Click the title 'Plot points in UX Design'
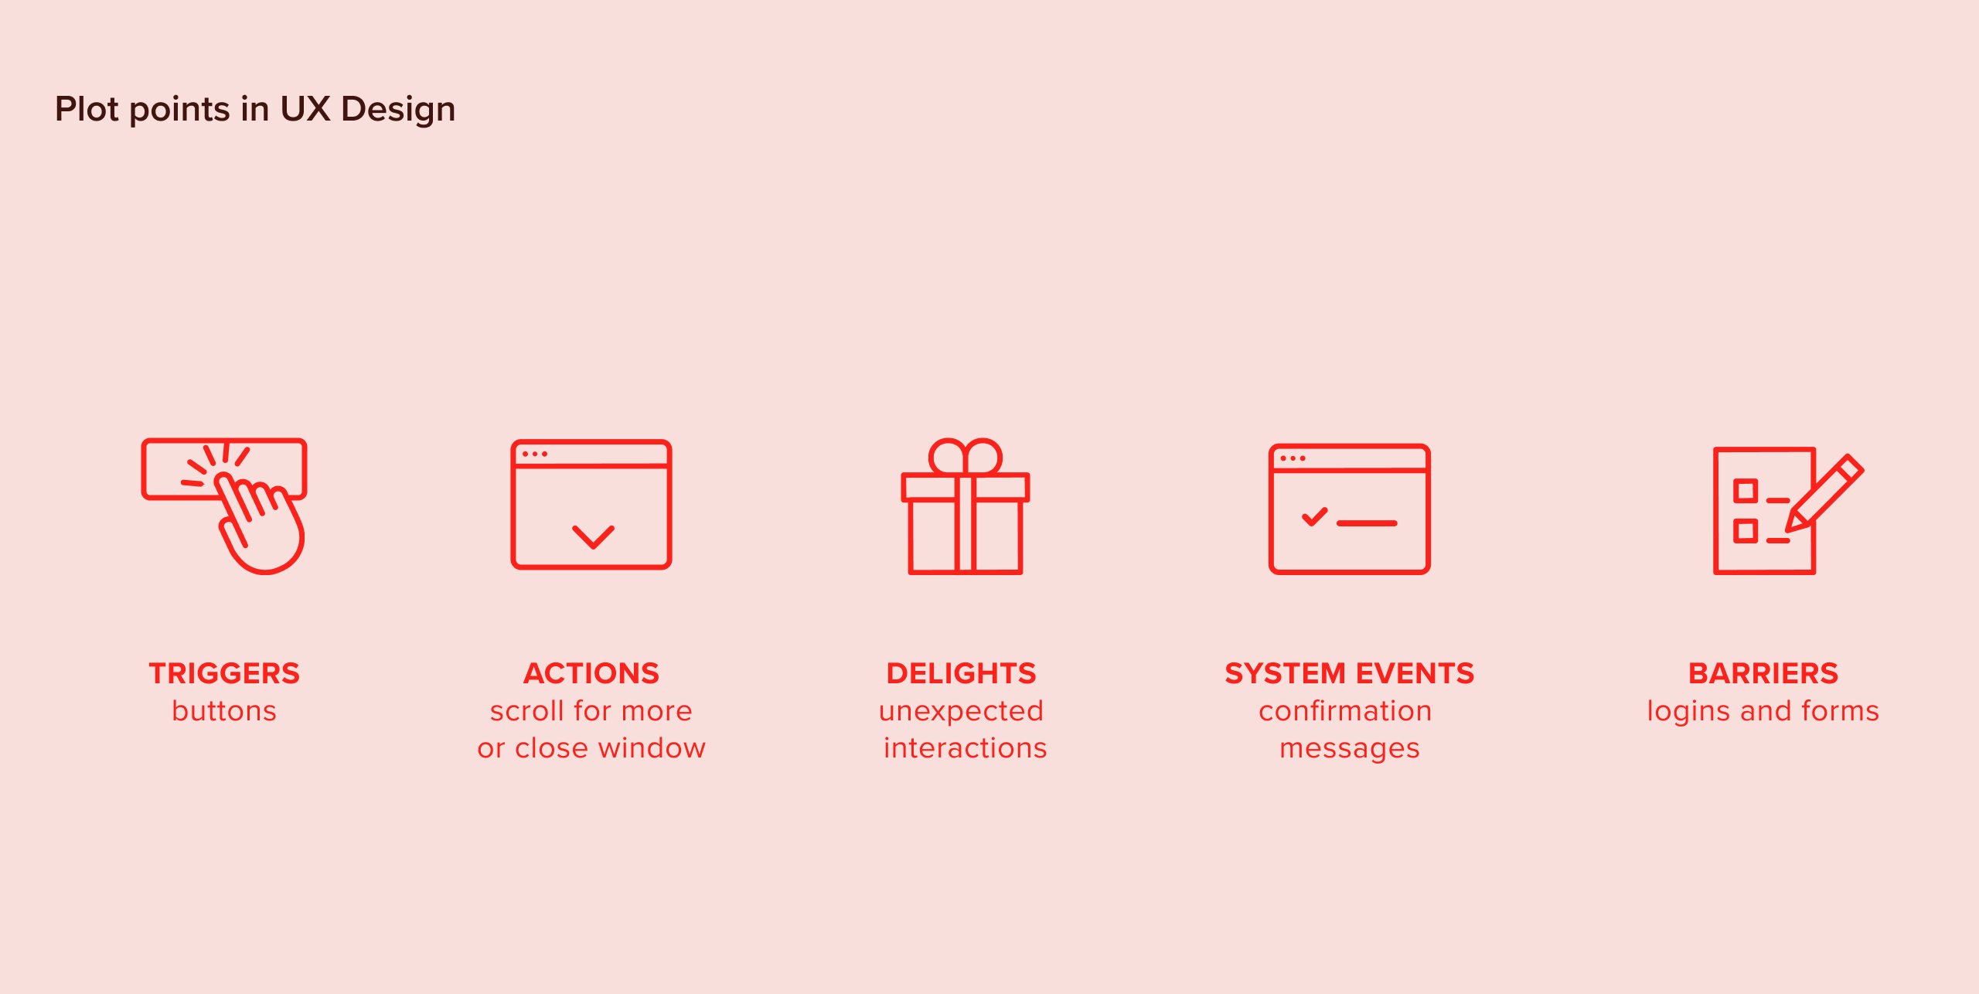tap(255, 109)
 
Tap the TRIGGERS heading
tap(224, 673)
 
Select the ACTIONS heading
tap(591, 673)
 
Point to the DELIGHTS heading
tap(961, 673)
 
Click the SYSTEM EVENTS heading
tap(1349, 673)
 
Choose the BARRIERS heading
tap(1763, 673)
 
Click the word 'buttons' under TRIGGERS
tap(224, 711)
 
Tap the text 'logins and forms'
tap(1763, 711)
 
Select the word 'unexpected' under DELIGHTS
tap(961, 711)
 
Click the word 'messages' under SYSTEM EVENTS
tap(1349, 748)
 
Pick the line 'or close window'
tap(591, 748)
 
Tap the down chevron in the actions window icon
tap(593, 536)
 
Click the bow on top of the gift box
tap(966, 457)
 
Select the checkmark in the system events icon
tap(1314, 516)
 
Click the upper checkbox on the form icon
tap(1746, 491)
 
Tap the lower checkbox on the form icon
tap(1746, 531)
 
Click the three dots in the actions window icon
tap(534, 454)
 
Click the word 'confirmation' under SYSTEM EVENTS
tap(1345, 711)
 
